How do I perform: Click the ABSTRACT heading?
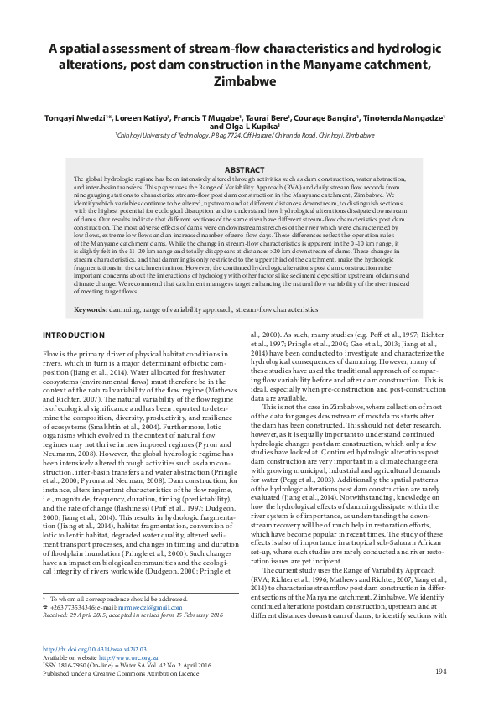tap(249, 169)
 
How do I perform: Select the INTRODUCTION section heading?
tap(73, 335)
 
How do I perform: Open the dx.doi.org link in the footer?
tap(94, 649)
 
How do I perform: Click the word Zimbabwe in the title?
tap(249, 82)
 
